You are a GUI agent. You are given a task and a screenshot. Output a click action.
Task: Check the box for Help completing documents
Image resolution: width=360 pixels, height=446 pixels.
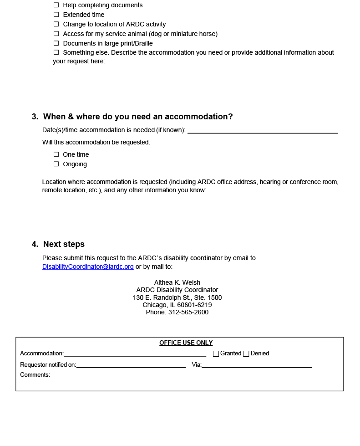[56, 5]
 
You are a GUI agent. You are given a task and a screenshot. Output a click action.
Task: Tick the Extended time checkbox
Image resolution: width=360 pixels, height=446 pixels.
[56, 15]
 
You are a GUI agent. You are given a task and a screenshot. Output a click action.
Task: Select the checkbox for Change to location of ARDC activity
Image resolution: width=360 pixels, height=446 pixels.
[56, 24]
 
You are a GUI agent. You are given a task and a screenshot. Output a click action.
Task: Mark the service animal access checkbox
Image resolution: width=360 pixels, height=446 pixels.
[56, 34]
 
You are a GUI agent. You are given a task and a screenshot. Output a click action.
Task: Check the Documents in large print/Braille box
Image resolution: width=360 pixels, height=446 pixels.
[56, 43]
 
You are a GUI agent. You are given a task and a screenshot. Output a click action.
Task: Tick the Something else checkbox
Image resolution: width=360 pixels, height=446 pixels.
[56, 52]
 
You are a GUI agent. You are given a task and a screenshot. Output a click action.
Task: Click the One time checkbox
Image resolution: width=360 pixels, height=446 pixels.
[56, 154]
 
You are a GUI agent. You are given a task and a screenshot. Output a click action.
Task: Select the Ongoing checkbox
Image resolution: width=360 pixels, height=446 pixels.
[56, 164]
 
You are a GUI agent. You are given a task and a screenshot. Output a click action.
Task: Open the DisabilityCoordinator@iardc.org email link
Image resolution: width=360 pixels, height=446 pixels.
[88, 267]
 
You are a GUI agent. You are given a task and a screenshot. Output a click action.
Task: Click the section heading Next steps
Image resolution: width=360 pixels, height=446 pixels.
[64, 244]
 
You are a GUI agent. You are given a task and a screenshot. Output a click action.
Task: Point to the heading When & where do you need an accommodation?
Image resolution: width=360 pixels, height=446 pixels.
[137, 117]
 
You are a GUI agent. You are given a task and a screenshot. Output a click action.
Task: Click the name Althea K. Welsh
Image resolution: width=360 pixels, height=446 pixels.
[177, 282]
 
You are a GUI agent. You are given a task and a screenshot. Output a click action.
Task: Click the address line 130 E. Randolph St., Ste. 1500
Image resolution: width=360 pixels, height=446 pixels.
[177, 297]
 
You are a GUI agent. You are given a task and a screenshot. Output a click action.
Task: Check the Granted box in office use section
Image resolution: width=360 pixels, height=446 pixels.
[216, 354]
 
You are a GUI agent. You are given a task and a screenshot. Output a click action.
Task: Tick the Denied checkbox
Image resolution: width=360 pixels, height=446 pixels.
[246, 354]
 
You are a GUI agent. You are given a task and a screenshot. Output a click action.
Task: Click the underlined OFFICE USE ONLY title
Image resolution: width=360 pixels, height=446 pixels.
[186, 343]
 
